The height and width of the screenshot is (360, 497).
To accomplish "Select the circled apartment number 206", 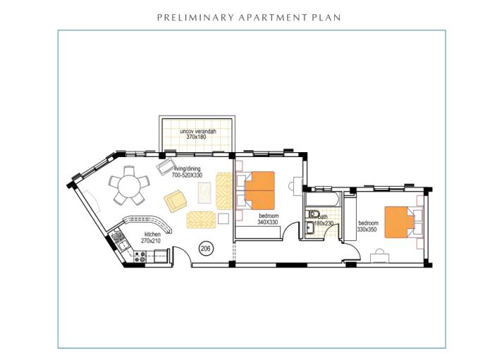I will click(x=206, y=248).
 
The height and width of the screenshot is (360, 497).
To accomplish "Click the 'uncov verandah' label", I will click(x=197, y=132).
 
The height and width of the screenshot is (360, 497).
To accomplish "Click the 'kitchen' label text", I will click(x=153, y=234).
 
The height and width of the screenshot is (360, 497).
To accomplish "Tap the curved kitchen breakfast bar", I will click(x=141, y=221).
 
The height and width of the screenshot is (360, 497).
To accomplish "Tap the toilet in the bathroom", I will click(x=315, y=215).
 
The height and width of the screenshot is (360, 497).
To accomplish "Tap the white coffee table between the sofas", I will click(x=205, y=192).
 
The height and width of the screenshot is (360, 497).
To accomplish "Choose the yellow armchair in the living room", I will click(x=176, y=201).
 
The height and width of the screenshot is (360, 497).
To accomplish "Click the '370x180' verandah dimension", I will click(x=197, y=137).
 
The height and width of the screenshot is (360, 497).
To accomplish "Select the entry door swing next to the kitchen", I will click(x=181, y=255).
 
